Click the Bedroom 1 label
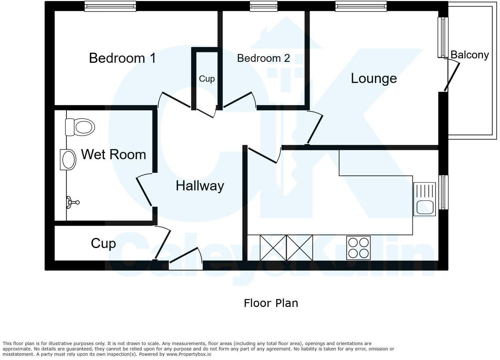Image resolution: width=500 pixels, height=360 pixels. pos(122,58)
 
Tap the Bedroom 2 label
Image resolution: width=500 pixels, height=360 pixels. pos(263,58)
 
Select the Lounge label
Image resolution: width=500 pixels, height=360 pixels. pos(374,78)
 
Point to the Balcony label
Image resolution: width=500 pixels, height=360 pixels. pos(470,55)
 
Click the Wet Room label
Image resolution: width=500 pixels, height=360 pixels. pos(113,154)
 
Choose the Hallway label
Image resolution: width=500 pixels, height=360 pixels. pos(200,186)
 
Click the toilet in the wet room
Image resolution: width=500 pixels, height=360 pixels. pos(80,127)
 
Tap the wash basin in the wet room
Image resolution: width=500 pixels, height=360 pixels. pos(68,160)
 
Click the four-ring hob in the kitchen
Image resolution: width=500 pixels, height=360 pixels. pos(359,248)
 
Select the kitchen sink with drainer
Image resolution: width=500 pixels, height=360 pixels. pos(425,199)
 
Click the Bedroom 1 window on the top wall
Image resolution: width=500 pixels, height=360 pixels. pos(110,6)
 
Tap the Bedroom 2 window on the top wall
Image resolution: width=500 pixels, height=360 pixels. pos(264,6)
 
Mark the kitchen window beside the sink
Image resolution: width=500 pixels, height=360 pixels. pos(443,192)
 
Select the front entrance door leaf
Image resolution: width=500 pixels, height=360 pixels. pos(183,255)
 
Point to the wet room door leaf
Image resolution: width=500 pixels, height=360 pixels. pos(144,192)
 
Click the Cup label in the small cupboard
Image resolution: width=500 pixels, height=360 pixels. pos(207,79)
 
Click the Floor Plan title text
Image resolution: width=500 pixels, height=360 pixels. pos(271,303)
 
